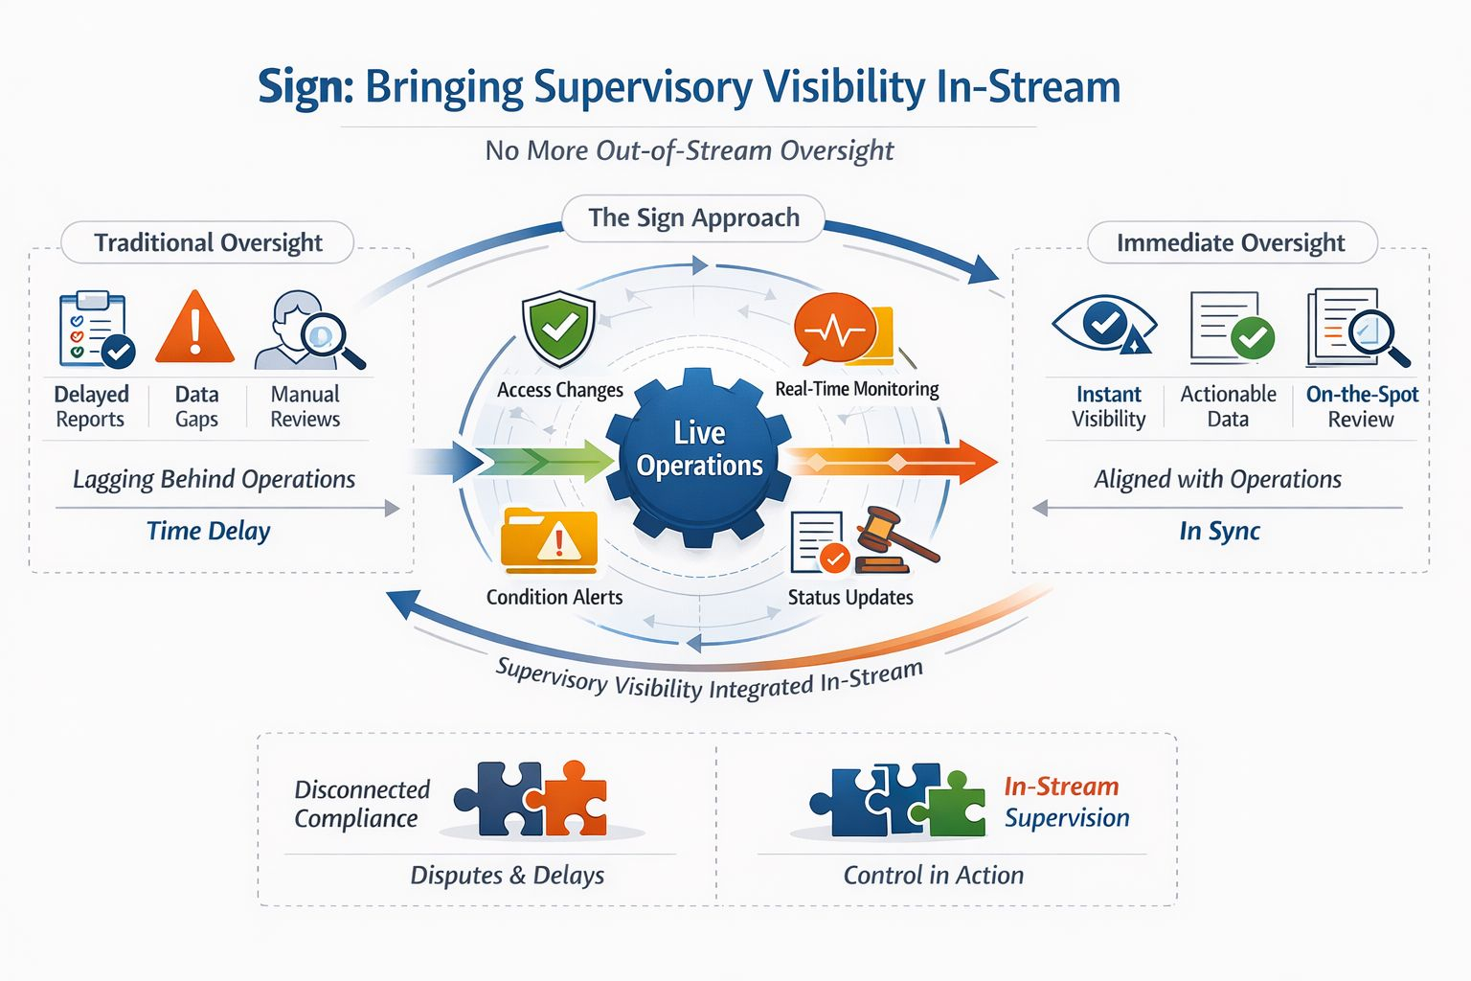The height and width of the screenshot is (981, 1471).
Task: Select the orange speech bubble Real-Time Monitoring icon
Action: pos(835,330)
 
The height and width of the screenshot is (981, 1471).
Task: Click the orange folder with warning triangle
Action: pos(549,541)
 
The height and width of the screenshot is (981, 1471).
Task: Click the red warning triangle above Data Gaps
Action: pos(195,329)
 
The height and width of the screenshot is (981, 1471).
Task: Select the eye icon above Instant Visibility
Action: pos(1104,326)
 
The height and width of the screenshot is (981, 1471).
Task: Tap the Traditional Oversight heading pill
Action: pos(208,242)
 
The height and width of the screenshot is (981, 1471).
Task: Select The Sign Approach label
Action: pos(693,218)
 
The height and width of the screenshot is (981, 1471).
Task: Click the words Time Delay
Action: pos(208,531)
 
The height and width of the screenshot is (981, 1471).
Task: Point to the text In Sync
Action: pos(1219,531)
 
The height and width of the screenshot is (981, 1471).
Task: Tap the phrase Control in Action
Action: pos(933,875)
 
